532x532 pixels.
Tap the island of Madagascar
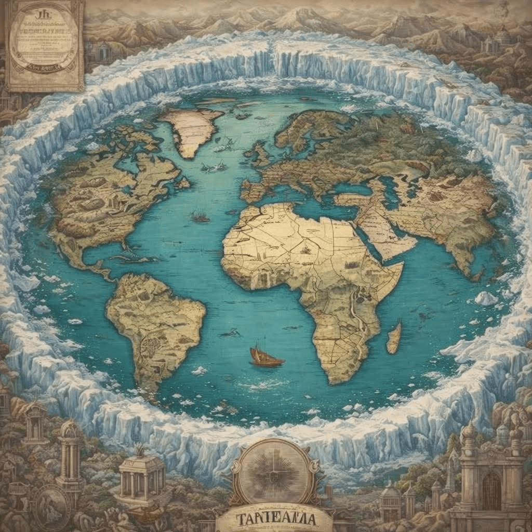click(394, 338)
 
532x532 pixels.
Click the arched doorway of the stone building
click(490, 490)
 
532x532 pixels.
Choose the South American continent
click(156, 322)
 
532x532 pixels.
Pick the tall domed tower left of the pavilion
click(70, 457)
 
